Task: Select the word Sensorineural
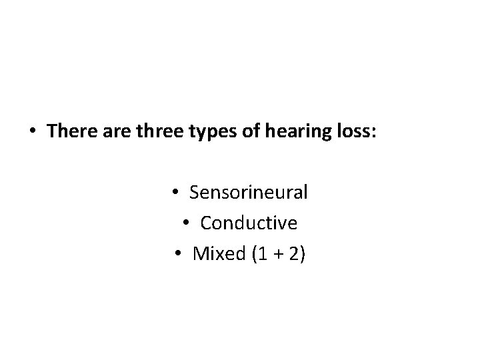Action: click(x=249, y=193)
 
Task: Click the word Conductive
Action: click(x=249, y=223)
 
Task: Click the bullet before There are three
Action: click(x=33, y=131)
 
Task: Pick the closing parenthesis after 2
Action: click(x=303, y=254)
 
